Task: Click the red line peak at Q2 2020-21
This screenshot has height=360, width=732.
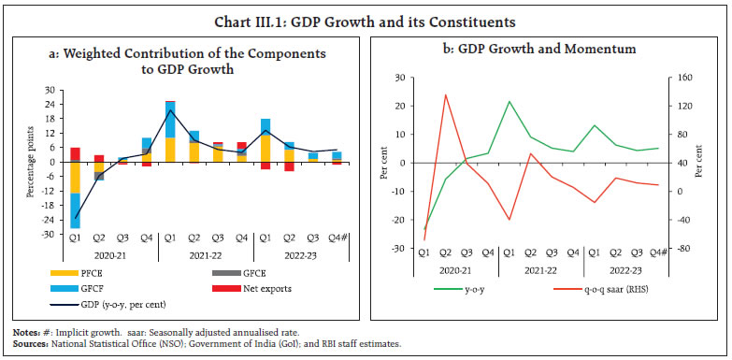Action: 445,94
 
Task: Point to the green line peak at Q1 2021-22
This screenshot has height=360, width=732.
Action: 509,101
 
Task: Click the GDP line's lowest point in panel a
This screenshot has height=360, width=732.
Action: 76,218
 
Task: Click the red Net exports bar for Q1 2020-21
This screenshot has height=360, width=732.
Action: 76,154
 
